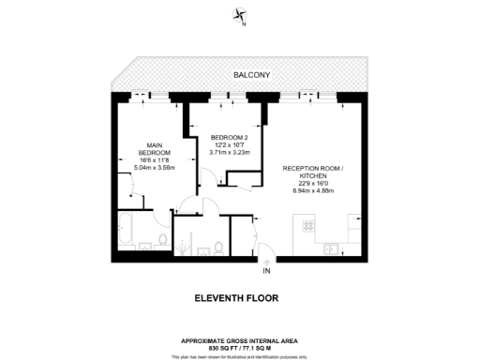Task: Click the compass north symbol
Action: coord(241,16)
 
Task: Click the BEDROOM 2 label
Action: coord(229,138)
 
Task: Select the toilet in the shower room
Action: coord(217,247)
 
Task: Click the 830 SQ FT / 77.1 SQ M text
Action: coord(240,346)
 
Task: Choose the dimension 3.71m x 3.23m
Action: coord(229,152)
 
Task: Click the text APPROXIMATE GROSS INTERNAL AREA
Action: coord(240,338)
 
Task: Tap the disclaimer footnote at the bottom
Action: coord(240,356)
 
